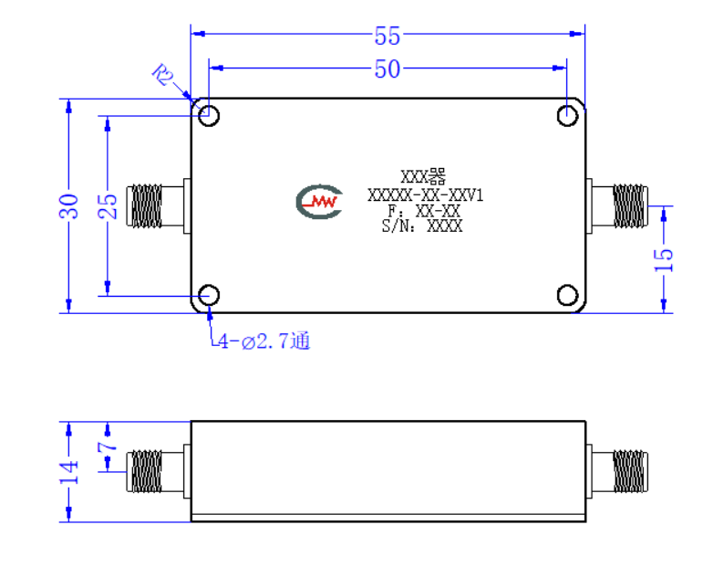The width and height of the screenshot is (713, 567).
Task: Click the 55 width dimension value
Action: (387, 36)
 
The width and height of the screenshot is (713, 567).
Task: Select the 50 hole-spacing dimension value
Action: (387, 69)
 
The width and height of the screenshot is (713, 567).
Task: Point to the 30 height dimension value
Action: (68, 206)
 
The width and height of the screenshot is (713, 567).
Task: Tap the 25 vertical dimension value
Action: (108, 206)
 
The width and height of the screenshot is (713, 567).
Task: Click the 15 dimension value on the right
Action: (664, 260)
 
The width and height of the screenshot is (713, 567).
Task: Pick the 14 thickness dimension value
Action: (68, 472)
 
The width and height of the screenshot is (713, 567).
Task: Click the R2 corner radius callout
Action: (163, 75)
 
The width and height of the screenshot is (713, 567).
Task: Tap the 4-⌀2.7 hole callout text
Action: (263, 341)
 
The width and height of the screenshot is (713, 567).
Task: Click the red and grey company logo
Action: (319, 201)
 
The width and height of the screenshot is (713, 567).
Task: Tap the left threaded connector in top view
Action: (158, 205)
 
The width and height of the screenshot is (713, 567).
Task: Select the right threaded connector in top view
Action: (617, 205)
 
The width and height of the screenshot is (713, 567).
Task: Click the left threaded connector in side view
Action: (158, 471)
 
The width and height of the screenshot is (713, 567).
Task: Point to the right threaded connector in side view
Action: (617, 471)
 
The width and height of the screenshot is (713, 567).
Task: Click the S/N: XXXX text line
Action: (422, 226)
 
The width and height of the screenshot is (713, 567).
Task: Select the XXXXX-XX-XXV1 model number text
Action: (425, 195)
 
